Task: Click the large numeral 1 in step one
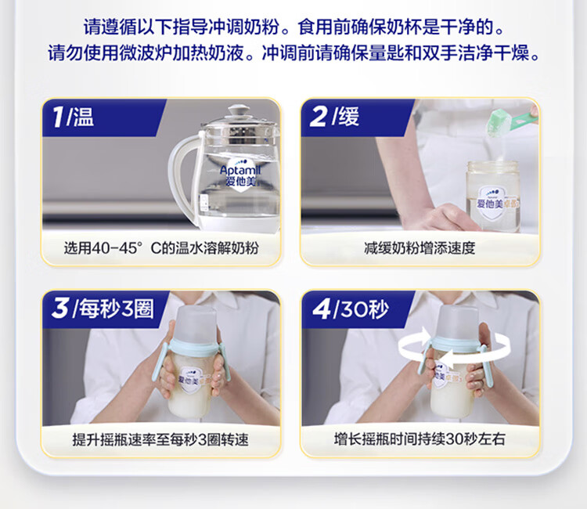point(59,117)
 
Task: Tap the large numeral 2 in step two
point(319,117)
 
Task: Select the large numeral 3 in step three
point(60,309)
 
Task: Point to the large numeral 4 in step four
point(320,309)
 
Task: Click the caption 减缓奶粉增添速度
point(420,248)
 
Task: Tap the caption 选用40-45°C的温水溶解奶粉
point(161,248)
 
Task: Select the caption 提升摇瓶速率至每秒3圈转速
point(160,440)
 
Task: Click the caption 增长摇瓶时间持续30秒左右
point(420,439)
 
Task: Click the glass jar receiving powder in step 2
point(493,197)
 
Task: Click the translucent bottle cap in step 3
point(196,323)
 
